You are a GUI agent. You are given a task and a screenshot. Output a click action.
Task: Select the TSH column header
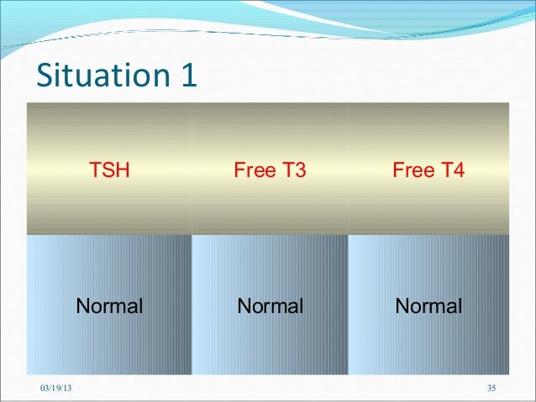(x=110, y=171)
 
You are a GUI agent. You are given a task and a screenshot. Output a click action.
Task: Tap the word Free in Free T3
(x=251, y=171)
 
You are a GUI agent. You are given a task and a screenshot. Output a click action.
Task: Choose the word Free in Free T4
(x=410, y=171)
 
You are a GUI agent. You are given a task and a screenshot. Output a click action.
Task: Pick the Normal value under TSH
(x=110, y=305)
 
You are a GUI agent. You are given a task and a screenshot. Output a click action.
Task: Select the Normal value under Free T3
(x=270, y=305)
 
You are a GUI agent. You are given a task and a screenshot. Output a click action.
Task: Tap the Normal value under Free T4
(x=428, y=305)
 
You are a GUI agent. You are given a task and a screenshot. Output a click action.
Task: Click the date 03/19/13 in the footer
(x=56, y=387)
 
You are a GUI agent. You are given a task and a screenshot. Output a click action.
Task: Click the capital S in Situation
(x=45, y=76)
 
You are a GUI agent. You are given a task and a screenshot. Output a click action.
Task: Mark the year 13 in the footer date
(x=67, y=387)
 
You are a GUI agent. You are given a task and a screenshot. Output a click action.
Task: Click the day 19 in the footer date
(x=56, y=387)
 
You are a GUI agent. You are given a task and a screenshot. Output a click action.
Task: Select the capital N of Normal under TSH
(x=83, y=305)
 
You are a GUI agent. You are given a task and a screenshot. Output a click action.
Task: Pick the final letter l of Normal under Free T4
(x=460, y=305)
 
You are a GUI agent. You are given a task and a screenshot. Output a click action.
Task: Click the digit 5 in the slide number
(x=495, y=387)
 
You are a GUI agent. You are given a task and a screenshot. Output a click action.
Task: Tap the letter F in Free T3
(x=239, y=171)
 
